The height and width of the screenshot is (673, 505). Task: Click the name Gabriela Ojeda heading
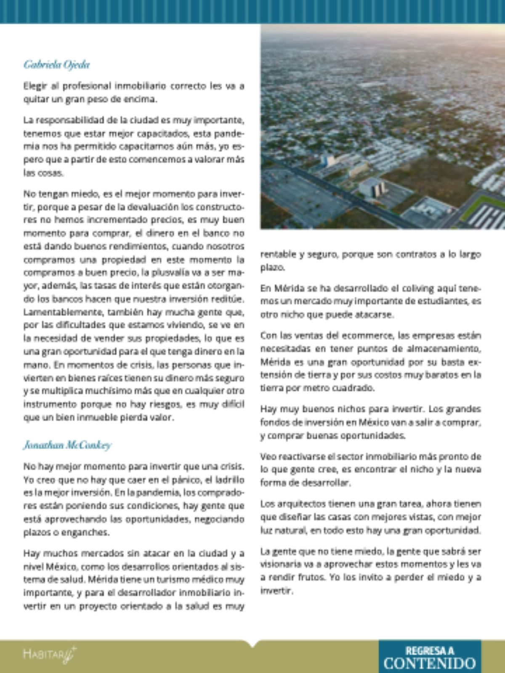56,65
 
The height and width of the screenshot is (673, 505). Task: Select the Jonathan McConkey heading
67,445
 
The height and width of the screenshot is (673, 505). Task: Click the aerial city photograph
383,126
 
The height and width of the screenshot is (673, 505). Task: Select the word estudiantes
447,302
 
